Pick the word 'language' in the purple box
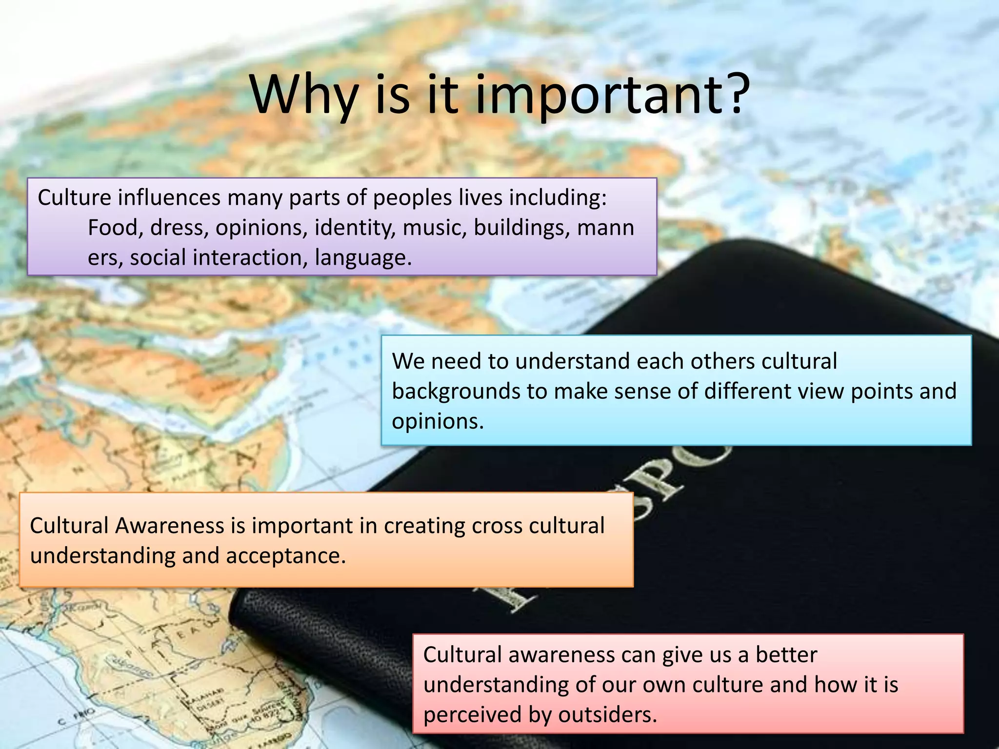pyautogui.click(x=363, y=258)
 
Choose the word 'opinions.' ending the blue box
pyautogui.click(x=438, y=421)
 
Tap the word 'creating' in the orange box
pyautogui.click(x=424, y=526)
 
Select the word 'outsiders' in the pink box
pyautogui.click(x=608, y=715)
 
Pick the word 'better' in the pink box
pyautogui.click(x=786, y=654)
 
